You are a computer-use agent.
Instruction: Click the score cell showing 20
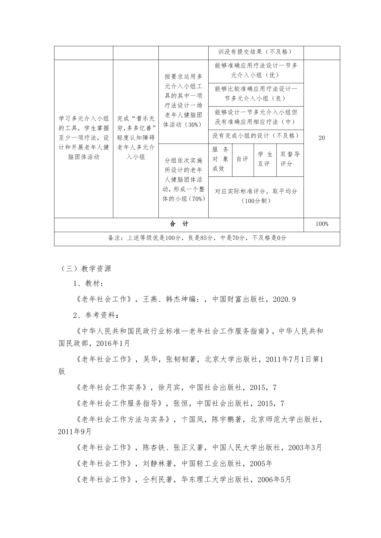coord(321,138)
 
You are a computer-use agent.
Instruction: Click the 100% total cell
coord(322,224)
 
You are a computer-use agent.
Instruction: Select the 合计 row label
coord(179,224)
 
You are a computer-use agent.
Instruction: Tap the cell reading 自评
coord(242,159)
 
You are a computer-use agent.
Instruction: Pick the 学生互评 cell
coord(265,159)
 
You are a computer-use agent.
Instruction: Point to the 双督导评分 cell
coord(290,159)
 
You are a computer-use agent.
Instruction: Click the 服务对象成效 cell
coord(220,159)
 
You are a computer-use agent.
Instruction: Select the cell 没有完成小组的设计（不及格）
coord(256,136)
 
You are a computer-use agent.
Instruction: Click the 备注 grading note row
coord(197,238)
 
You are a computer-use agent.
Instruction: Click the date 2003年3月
coord(304,448)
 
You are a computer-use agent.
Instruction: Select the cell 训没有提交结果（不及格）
coord(256,52)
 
